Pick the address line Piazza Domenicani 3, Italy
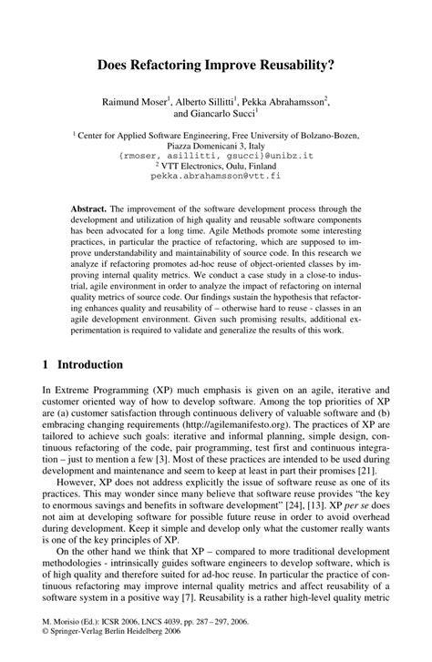coord(215,146)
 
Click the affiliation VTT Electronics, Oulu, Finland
coord(217,168)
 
